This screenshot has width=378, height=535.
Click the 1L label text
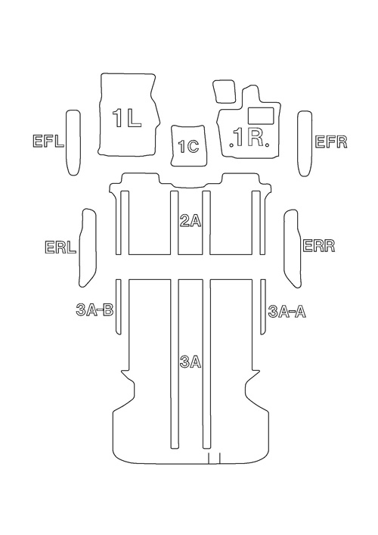126,119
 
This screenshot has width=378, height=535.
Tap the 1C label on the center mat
188,147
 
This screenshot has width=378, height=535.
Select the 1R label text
251,138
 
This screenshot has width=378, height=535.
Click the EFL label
48,142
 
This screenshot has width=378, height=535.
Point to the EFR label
331,142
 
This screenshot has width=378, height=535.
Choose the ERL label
60,247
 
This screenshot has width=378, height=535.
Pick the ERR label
319,246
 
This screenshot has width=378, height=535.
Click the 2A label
191,222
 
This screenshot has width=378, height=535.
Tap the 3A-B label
94,310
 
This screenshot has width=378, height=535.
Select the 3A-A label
287,312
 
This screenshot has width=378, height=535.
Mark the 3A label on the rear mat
191,362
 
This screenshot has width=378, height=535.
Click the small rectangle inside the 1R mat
262,116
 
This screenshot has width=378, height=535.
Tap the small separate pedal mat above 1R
224,91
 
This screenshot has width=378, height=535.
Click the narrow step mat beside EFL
73,142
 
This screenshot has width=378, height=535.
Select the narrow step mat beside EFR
305,143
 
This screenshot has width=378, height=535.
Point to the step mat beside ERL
88,247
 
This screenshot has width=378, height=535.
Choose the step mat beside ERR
293,248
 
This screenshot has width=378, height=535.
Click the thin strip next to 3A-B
118,307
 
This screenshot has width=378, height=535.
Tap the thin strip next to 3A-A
263,307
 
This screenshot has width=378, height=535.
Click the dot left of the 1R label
231,145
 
